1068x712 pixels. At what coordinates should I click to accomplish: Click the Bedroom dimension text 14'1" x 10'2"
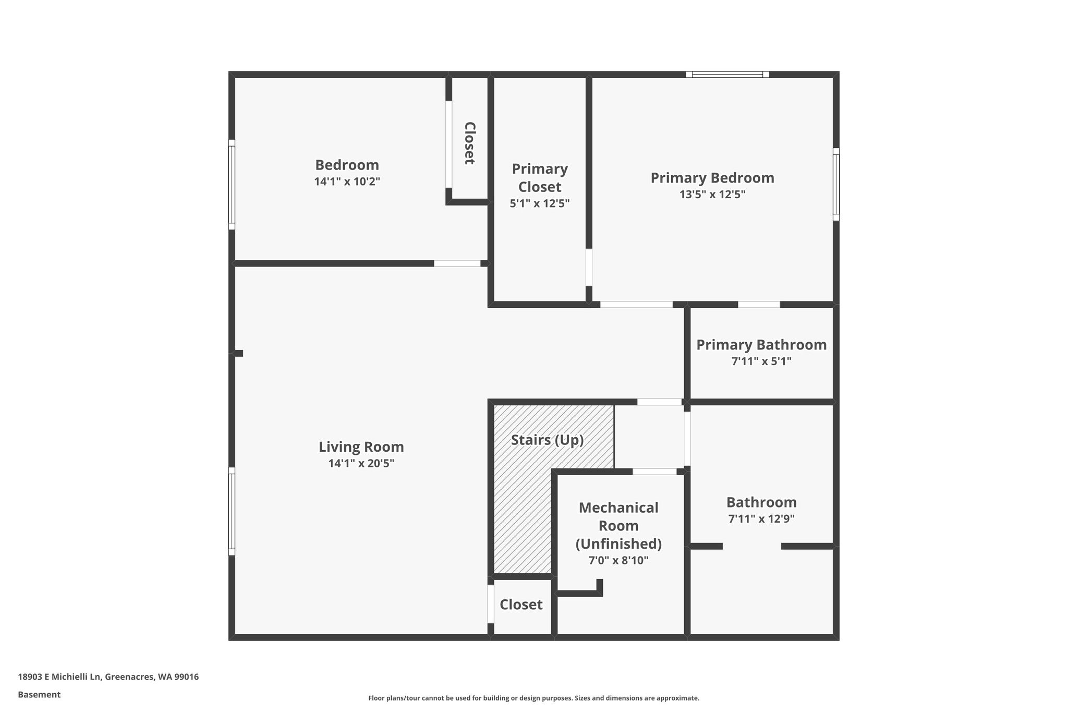(347, 182)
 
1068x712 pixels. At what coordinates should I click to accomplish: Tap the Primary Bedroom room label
(712, 178)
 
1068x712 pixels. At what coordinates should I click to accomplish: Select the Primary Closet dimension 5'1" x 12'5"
(540, 203)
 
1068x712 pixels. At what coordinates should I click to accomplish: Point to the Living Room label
(361, 447)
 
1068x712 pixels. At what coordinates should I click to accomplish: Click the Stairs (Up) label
(547, 440)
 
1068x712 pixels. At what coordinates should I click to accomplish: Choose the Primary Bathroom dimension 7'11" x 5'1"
(761, 361)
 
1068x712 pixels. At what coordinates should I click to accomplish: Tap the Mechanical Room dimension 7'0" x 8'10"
(618, 561)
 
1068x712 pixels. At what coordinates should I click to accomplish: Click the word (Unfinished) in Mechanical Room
(618, 544)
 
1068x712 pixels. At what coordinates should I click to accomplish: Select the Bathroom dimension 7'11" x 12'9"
(761, 519)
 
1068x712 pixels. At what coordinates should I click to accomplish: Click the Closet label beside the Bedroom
(469, 143)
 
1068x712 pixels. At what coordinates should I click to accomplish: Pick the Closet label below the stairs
(521, 605)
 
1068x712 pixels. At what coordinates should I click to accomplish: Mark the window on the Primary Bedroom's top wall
(727, 75)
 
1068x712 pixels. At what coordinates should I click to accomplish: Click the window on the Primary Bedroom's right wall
(836, 184)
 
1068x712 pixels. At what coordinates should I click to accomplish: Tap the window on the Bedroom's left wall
(232, 185)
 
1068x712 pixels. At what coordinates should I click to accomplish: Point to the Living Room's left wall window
(232, 512)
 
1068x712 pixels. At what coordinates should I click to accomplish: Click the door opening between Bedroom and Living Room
(457, 263)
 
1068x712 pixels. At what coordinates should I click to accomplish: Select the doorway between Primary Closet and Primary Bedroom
(589, 268)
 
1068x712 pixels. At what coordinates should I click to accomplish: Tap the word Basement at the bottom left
(39, 695)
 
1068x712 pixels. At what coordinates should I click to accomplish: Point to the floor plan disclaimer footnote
(534, 698)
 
